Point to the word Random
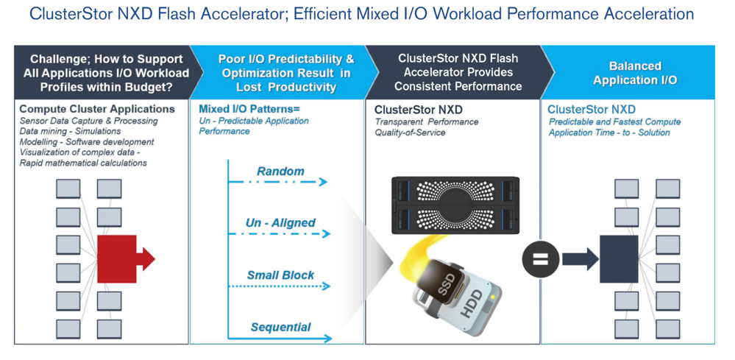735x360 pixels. point(280,171)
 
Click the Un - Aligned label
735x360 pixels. point(280,222)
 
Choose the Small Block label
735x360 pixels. point(280,275)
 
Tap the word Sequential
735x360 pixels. point(280,327)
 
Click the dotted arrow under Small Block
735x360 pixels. point(280,286)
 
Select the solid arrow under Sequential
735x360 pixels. point(280,338)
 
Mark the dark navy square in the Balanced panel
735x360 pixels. point(619,259)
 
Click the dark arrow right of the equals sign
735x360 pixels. point(580,259)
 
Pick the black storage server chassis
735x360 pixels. point(455,205)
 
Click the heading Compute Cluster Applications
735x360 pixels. point(97,109)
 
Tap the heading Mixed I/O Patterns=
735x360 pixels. point(249,109)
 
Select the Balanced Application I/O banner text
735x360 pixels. point(635,73)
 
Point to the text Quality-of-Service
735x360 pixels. point(410,133)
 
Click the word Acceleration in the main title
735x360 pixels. point(649,13)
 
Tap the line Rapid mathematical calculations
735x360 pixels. point(83,163)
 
